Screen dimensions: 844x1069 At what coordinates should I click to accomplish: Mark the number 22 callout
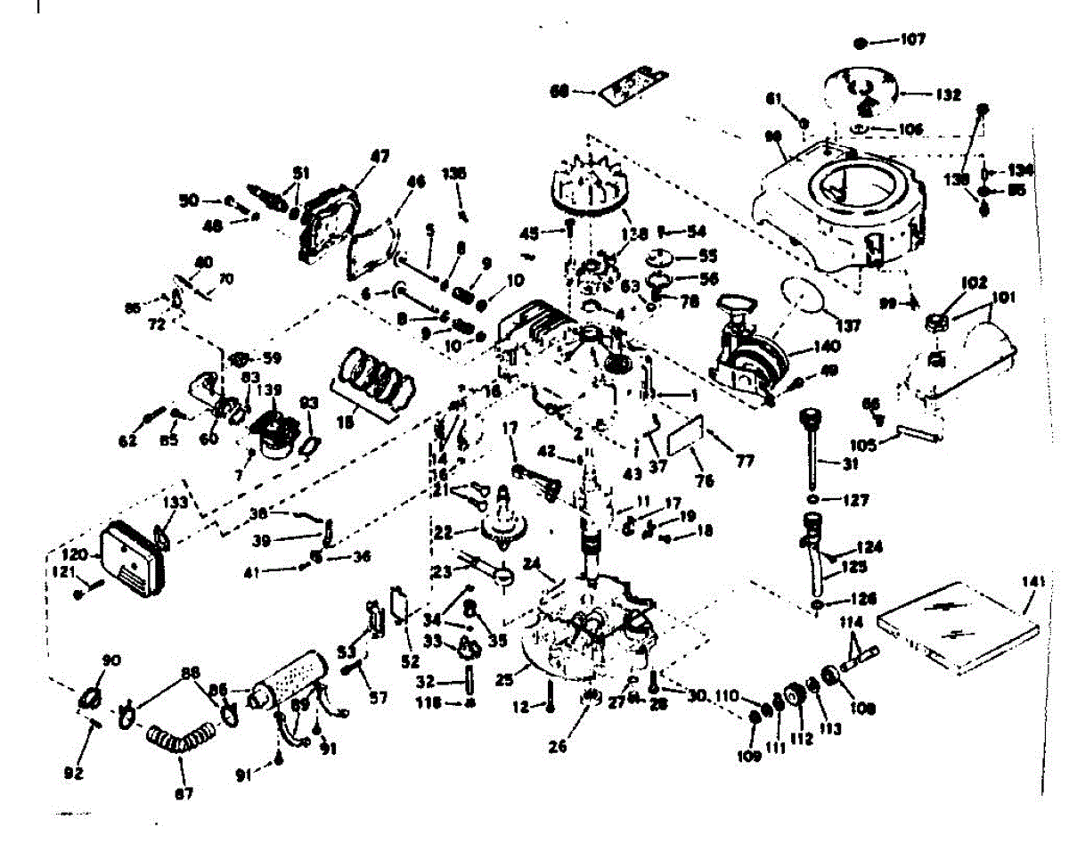coord(467,533)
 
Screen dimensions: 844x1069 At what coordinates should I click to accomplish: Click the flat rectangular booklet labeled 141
coord(958,625)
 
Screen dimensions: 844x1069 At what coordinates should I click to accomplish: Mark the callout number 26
coord(558,748)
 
